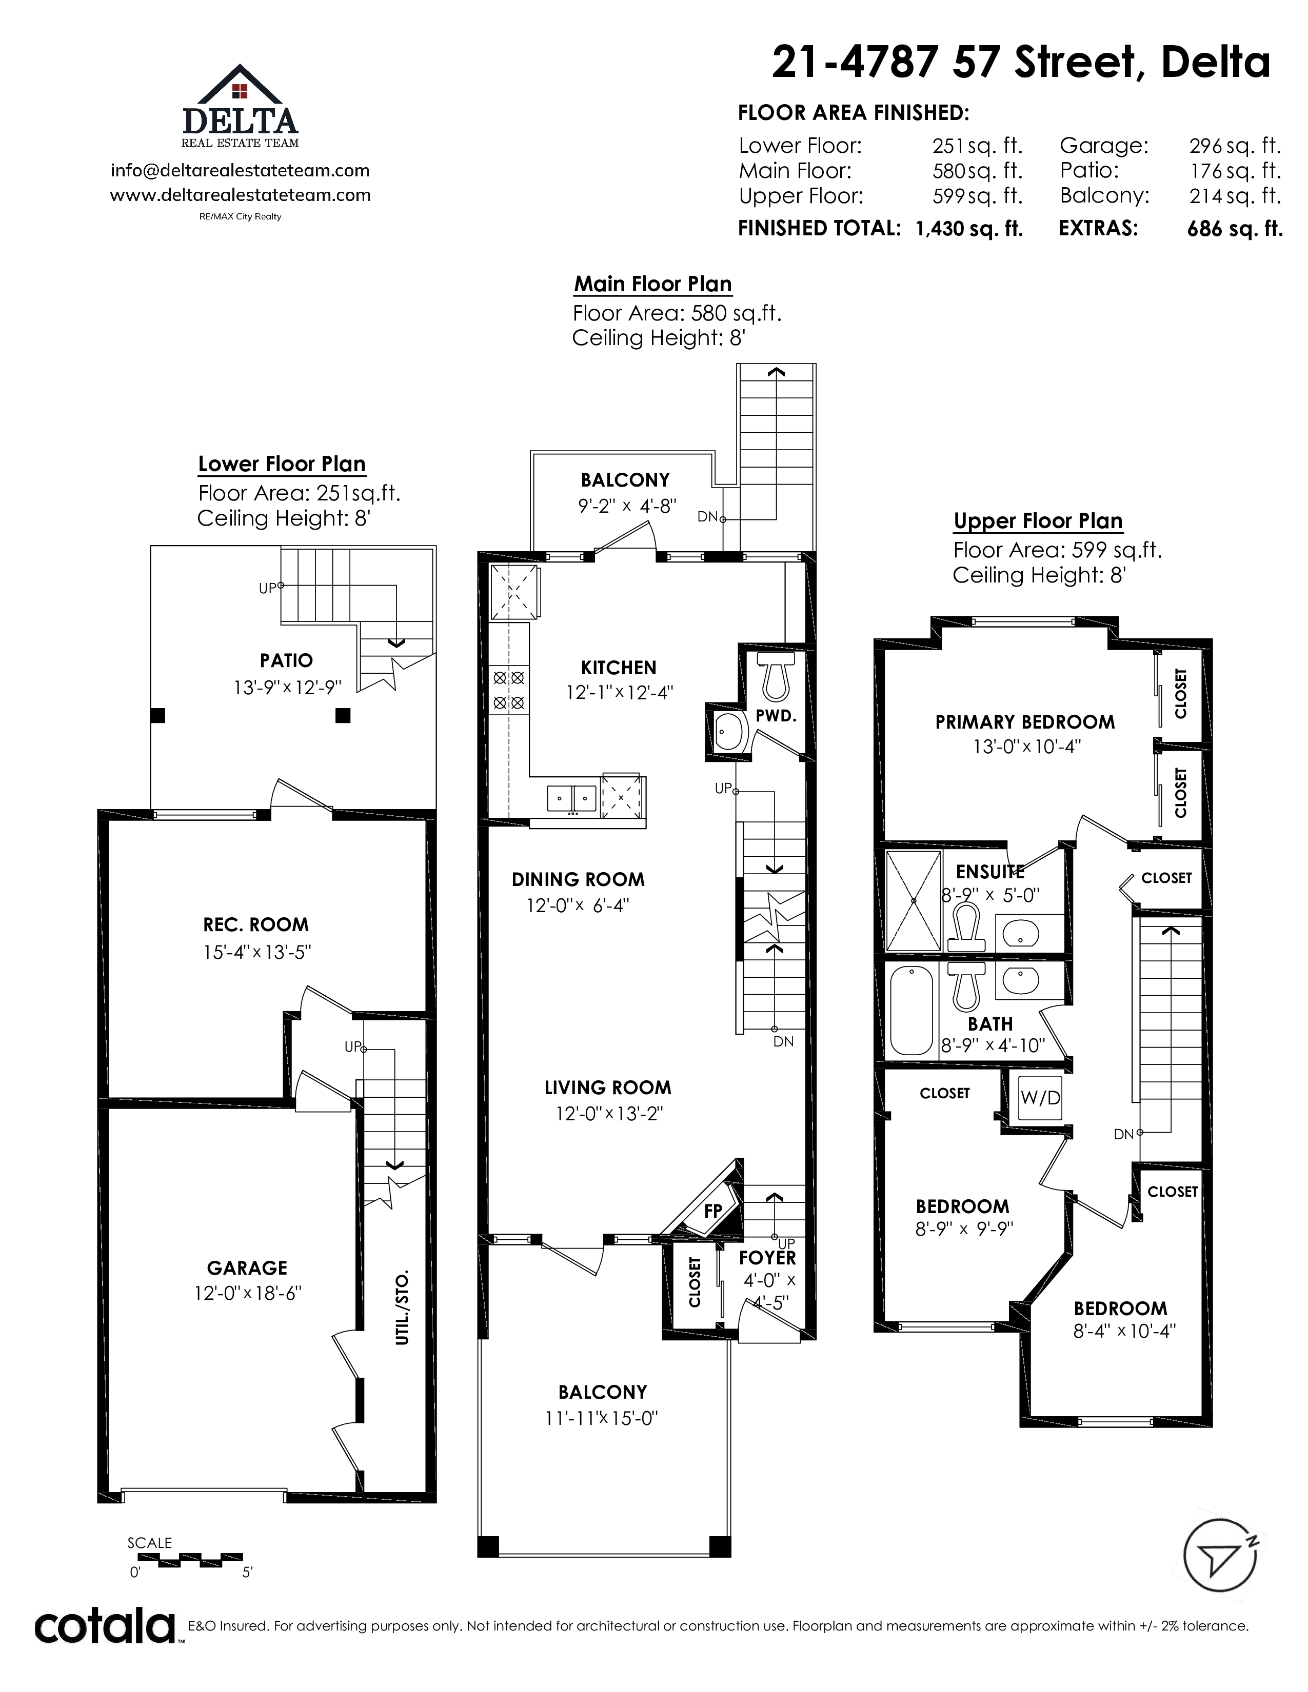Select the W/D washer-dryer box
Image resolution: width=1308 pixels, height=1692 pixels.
[x=1040, y=1098]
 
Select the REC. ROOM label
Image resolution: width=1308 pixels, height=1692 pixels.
[x=256, y=924]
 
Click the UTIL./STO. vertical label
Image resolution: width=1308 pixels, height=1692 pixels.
[x=402, y=1308]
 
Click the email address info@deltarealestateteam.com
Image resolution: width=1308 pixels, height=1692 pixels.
[x=240, y=170]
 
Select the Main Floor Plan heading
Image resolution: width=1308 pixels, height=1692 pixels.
[x=653, y=285]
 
